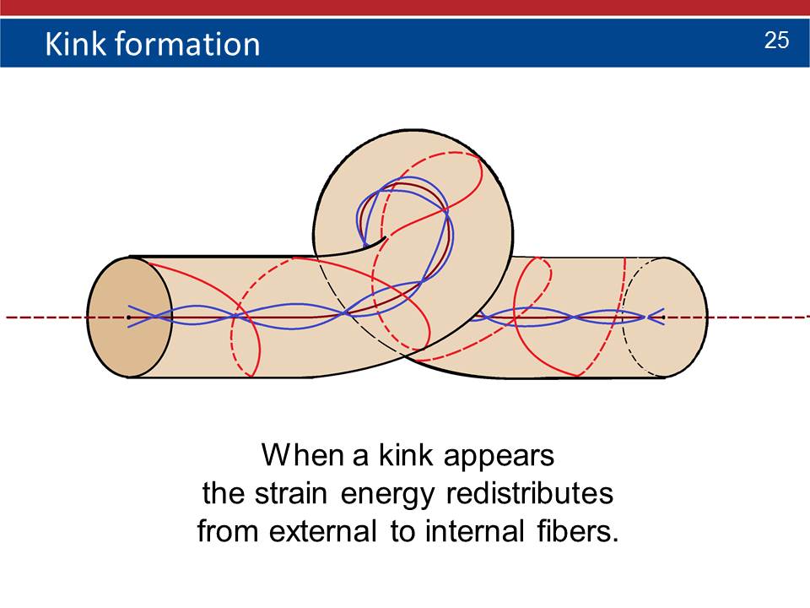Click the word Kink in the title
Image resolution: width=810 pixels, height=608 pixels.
(75, 43)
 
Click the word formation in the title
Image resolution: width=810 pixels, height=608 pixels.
(187, 43)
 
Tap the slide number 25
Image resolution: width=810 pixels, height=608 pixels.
(776, 41)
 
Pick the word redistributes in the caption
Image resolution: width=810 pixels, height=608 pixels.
(530, 492)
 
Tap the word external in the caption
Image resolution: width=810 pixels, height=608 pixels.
(323, 531)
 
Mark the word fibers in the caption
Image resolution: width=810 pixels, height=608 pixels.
(577, 531)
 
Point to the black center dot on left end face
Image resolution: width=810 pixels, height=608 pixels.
(128, 317)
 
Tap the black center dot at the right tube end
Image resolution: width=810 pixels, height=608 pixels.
(663, 317)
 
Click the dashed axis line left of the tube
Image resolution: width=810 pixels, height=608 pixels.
(46, 317)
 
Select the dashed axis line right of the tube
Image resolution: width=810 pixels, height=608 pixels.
(759, 317)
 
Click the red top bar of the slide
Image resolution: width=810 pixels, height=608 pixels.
(405, 8)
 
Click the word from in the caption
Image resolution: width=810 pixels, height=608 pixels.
(227, 531)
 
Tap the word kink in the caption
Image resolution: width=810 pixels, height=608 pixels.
(406, 455)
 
